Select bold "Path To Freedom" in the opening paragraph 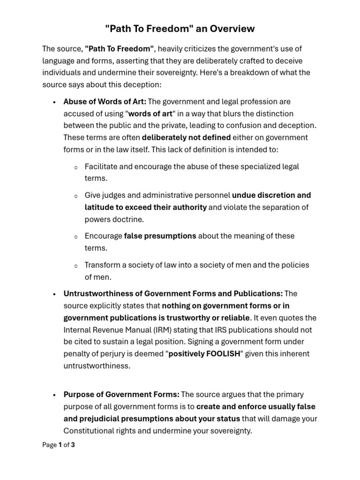click(120, 49)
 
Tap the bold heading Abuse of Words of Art click(105, 101)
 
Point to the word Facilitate click(101, 166)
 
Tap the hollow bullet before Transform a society click(76, 266)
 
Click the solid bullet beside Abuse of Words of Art click(55, 102)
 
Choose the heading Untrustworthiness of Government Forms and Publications click(173, 293)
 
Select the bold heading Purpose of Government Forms click(121, 394)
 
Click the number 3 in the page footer click(73, 445)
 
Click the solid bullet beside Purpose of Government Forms click(55, 395)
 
